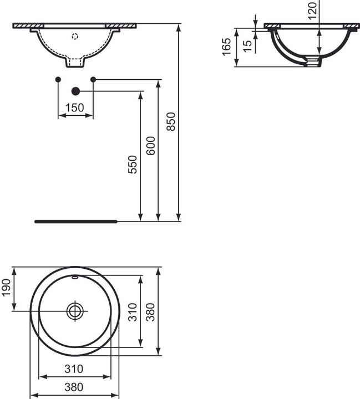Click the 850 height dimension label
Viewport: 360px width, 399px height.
[171, 121]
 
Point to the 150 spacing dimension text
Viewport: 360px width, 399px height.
[76, 108]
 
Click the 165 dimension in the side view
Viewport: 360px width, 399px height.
[226, 48]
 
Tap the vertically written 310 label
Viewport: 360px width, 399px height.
[132, 312]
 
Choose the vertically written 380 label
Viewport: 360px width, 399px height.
[151, 311]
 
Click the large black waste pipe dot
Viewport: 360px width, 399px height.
[76, 91]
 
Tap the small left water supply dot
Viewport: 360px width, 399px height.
[58, 80]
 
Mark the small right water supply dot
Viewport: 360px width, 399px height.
[93, 80]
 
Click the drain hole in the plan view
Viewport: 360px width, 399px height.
[74, 311]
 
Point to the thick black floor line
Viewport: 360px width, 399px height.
[76, 221]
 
